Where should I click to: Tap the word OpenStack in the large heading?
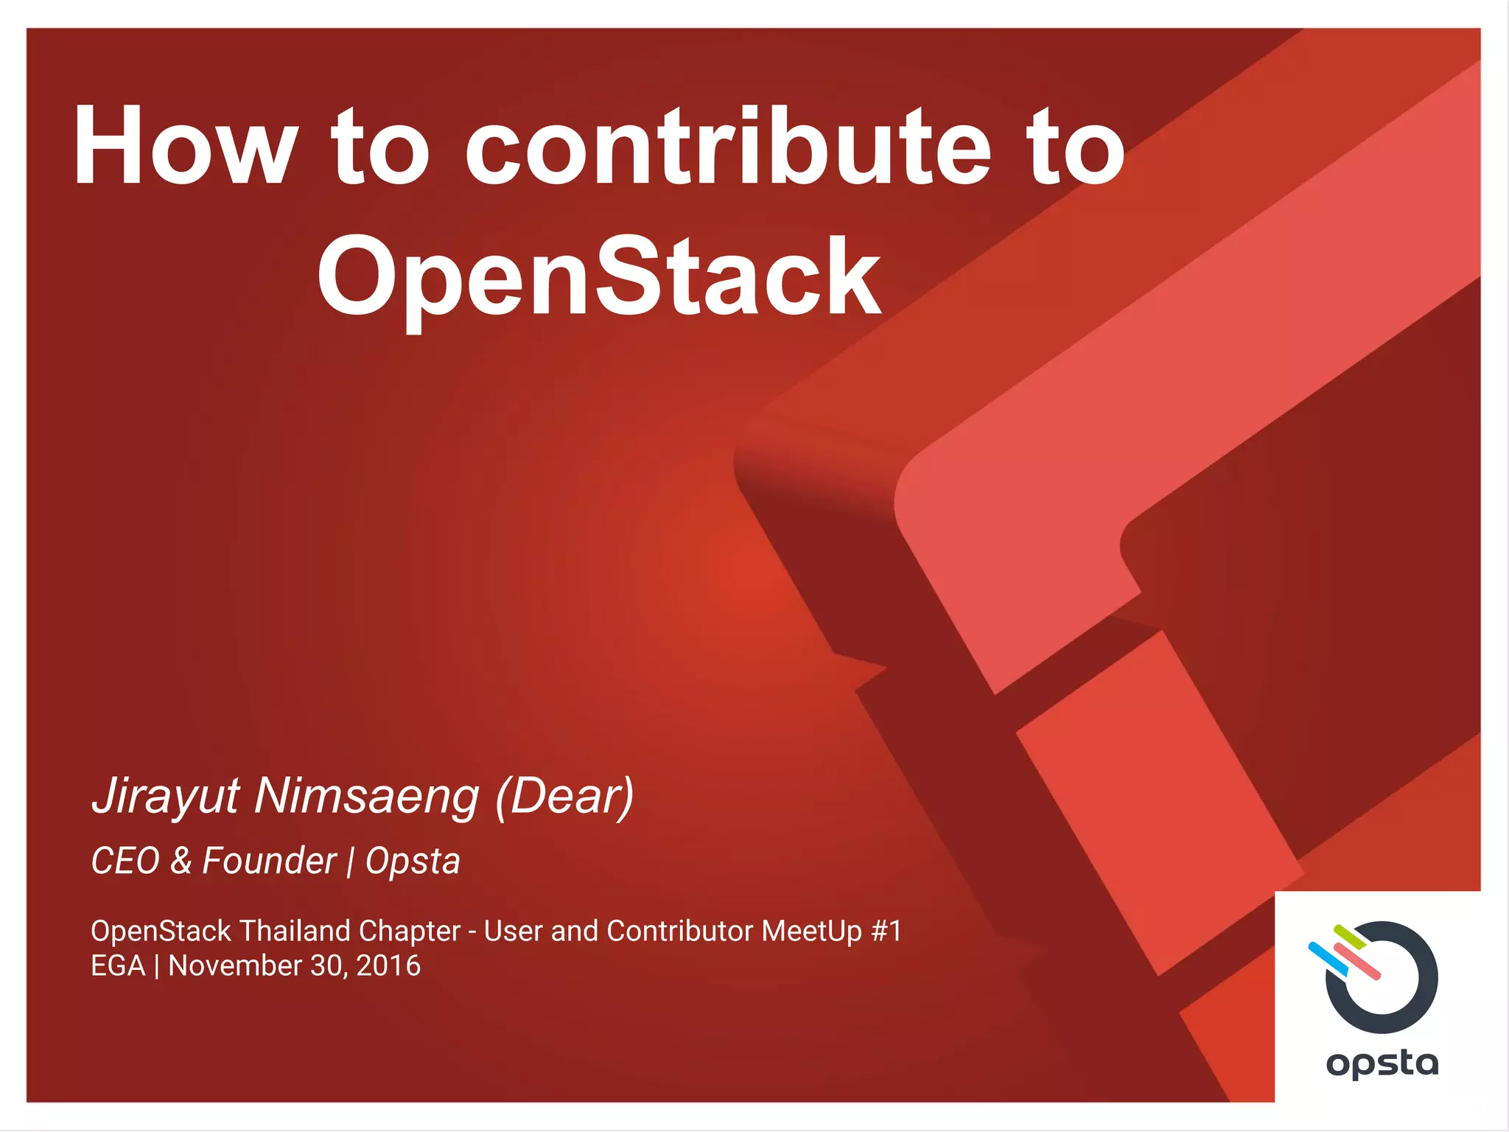tap(598, 278)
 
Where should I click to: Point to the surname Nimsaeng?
tap(366, 796)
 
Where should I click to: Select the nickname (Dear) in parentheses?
tap(564, 796)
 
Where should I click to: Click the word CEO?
tap(125, 861)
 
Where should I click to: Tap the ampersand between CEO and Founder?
tap(181, 861)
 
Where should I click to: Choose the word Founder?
tap(269, 861)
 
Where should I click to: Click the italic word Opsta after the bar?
tap(413, 862)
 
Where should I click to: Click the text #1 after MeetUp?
tap(886, 931)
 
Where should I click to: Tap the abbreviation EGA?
tap(118, 965)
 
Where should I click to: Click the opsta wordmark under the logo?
tap(1382, 1063)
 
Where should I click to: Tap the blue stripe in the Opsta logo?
tap(1327, 958)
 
